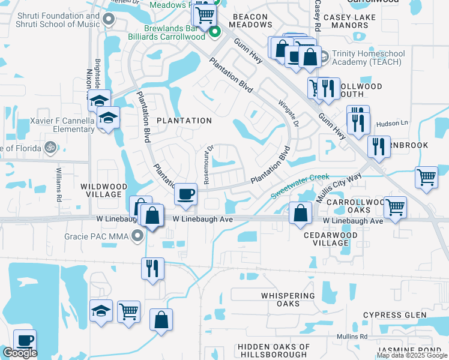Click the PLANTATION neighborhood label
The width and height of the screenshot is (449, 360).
point(184,121)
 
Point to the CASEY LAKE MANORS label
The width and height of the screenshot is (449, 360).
point(353,22)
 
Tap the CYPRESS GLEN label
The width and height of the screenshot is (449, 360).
point(394,315)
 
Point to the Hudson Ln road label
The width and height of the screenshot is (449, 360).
point(391,124)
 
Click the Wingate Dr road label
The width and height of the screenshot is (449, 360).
point(283,112)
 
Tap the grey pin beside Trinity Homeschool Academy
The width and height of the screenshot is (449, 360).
point(324,58)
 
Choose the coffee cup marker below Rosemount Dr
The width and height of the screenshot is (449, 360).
point(185,194)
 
